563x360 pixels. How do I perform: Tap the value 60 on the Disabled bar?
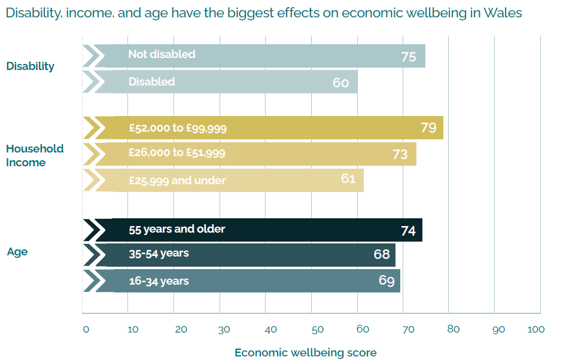click(x=340, y=83)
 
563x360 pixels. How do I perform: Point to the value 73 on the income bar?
click(x=400, y=154)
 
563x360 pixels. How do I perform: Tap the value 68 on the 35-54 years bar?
click(x=382, y=254)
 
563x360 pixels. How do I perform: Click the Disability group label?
click(x=30, y=66)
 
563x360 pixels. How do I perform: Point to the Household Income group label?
click(x=35, y=155)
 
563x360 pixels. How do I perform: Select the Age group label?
click(x=17, y=252)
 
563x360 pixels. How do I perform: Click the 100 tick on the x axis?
click(x=536, y=330)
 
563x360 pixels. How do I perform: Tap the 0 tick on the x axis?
click(x=86, y=330)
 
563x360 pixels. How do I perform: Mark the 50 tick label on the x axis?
click(x=317, y=330)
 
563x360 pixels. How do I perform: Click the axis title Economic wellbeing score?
click(x=305, y=352)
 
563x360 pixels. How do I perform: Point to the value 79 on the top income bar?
click(x=428, y=127)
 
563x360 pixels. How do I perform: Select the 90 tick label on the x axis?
click(x=498, y=330)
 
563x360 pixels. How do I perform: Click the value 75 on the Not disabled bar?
click(x=409, y=57)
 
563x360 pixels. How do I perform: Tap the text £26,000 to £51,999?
click(x=176, y=153)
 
